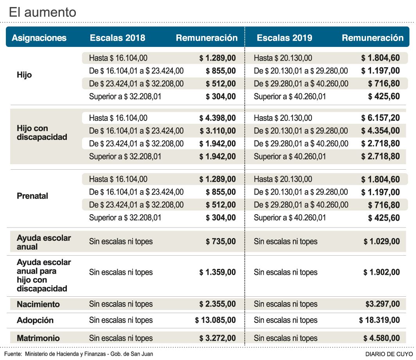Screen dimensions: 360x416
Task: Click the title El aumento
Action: coord(43,12)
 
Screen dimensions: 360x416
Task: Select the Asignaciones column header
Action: coord(39,38)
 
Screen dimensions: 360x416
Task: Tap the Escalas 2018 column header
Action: coord(117,38)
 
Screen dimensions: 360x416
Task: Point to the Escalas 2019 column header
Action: coord(284,38)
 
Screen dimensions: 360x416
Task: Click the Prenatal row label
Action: coord(32,196)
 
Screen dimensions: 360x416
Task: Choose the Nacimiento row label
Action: coord(38,304)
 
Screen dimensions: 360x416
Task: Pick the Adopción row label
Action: coord(35,321)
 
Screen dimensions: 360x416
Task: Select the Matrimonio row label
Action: coord(38,338)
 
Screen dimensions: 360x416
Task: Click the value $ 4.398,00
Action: coord(217,118)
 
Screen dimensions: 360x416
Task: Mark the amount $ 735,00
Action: coord(221,242)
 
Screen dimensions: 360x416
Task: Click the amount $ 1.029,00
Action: coord(382,242)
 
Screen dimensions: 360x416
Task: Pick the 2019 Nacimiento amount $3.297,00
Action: coord(382,304)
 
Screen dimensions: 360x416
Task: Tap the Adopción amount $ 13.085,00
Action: coord(215,321)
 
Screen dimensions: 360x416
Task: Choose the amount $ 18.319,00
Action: coord(380,321)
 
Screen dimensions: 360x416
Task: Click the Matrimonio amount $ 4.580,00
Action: coord(382,338)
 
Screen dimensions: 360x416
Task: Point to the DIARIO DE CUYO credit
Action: coord(388,354)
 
